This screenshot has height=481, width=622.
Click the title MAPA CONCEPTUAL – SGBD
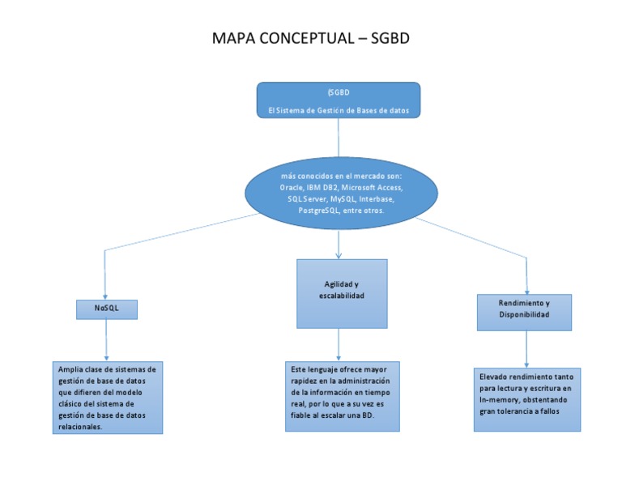click(x=316, y=40)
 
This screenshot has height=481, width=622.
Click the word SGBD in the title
click(x=392, y=40)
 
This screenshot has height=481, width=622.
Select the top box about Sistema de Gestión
click(x=338, y=100)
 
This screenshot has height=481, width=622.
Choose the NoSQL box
click(x=106, y=309)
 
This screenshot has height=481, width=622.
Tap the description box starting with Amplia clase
click(x=107, y=397)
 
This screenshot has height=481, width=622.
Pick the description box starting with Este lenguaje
click(x=341, y=395)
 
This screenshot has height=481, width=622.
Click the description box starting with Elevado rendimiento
click(x=526, y=399)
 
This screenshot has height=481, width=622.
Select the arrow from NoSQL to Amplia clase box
click(x=106, y=339)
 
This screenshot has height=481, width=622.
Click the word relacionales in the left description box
click(x=80, y=426)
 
